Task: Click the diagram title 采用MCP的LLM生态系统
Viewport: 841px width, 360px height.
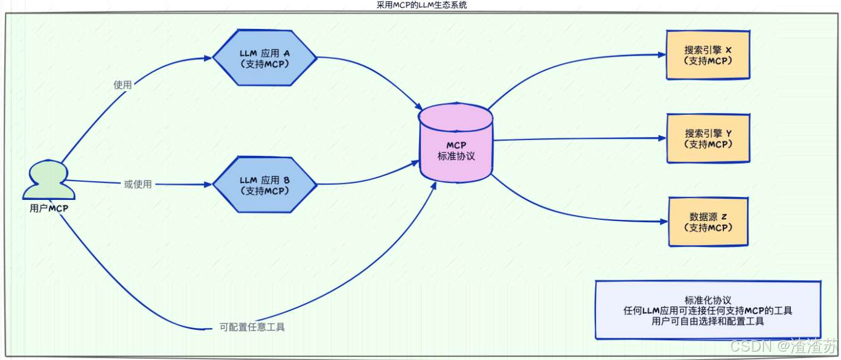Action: pos(420,5)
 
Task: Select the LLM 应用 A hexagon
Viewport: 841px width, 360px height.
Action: pos(264,58)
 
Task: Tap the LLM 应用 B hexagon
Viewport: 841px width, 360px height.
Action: pos(264,185)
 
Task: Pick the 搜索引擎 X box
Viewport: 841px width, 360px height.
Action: pos(708,55)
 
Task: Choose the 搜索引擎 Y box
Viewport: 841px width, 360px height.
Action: pos(708,138)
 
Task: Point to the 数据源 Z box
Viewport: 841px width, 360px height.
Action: pos(708,221)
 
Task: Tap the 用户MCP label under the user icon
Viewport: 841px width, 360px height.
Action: pos(49,208)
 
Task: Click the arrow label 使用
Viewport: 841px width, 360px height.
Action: pos(122,85)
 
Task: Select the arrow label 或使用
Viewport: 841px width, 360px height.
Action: pos(138,184)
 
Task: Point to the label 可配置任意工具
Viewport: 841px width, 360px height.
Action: pos(252,327)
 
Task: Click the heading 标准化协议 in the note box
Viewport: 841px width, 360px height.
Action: pos(708,300)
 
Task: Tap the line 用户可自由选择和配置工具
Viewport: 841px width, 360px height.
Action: pos(708,321)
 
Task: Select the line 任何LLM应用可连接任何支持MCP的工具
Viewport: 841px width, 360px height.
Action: pos(708,310)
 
